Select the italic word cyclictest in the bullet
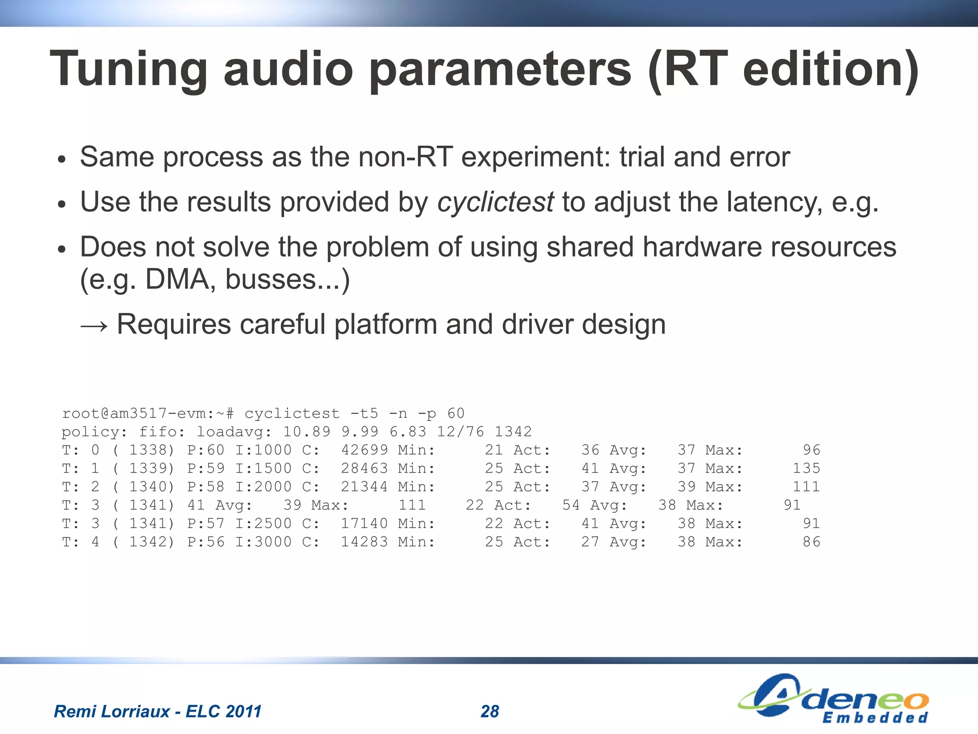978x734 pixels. [x=495, y=202]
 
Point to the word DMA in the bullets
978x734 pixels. [x=177, y=279]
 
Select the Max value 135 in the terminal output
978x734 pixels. [x=806, y=468]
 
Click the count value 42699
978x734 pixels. [x=364, y=450]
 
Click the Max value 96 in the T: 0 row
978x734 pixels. [x=811, y=450]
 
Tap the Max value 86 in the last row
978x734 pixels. [x=811, y=542]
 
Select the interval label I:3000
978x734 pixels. [x=263, y=542]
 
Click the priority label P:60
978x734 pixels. [x=205, y=450]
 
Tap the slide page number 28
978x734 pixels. [x=489, y=712]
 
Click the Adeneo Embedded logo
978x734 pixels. [x=833, y=698]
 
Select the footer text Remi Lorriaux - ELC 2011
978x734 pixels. [x=158, y=712]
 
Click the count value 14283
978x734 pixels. [x=364, y=542]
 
